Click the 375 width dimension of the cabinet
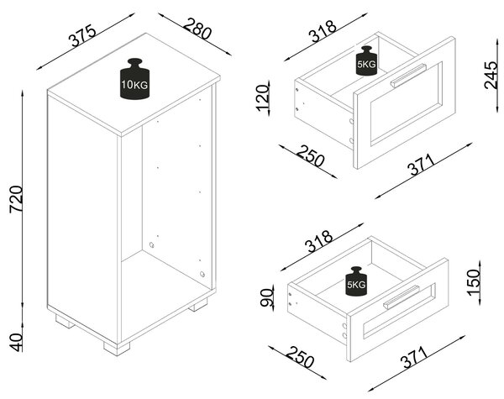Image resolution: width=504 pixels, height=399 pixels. (83, 35)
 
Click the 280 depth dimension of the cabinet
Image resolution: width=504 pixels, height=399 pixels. (198, 29)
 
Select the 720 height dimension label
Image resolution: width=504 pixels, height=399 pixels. (16, 199)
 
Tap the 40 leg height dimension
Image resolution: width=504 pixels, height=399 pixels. (16, 342)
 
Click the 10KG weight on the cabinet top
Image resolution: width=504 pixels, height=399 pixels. (134, 79)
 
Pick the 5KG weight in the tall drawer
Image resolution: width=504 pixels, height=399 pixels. (366, 60)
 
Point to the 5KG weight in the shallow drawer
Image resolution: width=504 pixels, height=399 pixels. (356, 281)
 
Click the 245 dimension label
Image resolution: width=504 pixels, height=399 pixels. (491, 75)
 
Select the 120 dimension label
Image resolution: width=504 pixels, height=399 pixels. (262, 97)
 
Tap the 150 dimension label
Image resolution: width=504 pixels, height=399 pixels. (473, 282)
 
